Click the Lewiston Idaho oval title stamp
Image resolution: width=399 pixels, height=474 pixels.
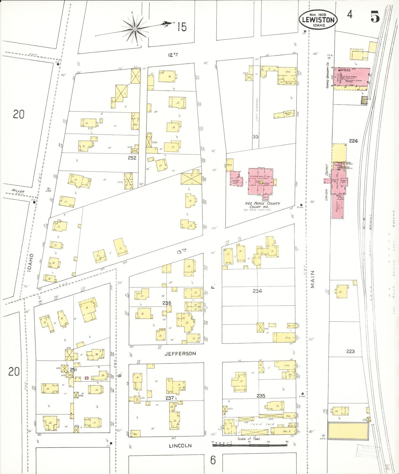coord(318,20)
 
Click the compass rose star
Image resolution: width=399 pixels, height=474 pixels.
coord(135,29)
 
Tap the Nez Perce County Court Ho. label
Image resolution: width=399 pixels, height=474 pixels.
coord(262,205)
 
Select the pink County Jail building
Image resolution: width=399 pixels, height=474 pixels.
coord(236,179)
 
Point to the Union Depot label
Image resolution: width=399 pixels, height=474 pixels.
coord(326,183)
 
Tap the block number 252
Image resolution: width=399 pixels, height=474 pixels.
coord(132,158)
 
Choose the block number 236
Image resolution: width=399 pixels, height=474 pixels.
coord(167,303)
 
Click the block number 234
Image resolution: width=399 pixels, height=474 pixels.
coord(257,291)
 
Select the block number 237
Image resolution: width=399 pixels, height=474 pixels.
coord(170,398)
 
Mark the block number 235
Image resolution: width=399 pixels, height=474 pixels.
coord(261,396)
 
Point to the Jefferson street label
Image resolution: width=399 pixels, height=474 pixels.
coord(180,354)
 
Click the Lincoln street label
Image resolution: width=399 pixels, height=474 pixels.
coord(180,446)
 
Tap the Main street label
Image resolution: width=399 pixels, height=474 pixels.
coord(313,279)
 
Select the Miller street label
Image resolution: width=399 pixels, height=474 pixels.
coord(18,191)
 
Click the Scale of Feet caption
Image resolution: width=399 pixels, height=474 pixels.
coord(249,439)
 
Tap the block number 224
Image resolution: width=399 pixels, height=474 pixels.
coord(353,141)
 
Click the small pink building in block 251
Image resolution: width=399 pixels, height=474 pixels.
coord(86,378)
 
